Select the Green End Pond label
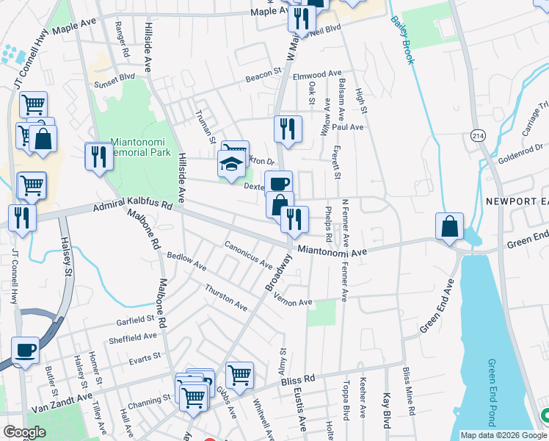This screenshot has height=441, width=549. tap(493, 392)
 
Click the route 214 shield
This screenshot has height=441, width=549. tap(479, 136)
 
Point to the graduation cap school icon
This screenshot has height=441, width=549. tap(232, 163)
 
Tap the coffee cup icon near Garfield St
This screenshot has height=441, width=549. tap(26, 351)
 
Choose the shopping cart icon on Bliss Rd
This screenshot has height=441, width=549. tap(239, 375)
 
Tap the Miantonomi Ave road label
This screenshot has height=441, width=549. tap(332, 252)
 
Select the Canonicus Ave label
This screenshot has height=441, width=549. tap(248, 254)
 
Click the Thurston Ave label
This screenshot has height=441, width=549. tap(226, 295)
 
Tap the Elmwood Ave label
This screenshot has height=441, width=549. tap(317, 74)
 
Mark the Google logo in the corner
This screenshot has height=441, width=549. tap(24, 432)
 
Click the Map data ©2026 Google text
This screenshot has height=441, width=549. tap(503, 435)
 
